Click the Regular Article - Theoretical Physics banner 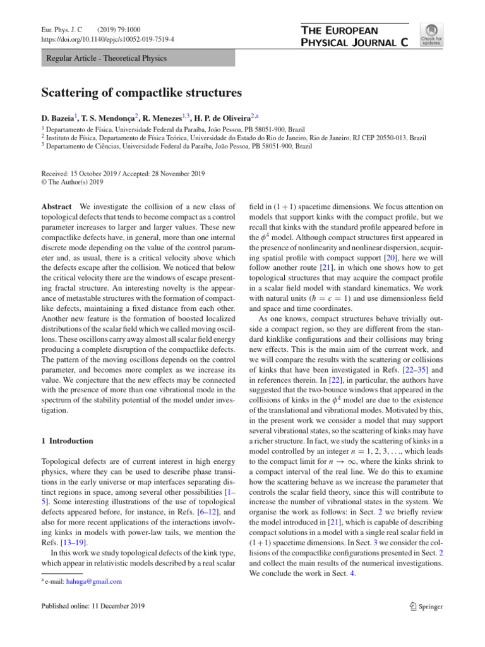click(x=138, y=59)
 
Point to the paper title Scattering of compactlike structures click(x=141, y=93)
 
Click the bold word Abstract click(x=56, y=207)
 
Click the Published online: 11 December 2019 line click(x=93, y=607)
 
